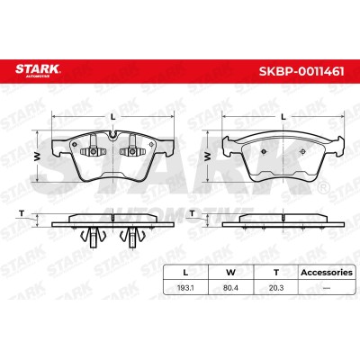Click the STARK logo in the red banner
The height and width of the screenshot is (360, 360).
(x=38, y=70)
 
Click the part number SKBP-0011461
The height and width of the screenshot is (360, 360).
(x=301, y=71)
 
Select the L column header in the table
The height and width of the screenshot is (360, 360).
(x=185, y=273)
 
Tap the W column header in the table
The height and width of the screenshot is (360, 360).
(x=230, y=273)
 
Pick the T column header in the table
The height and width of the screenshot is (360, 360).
(x=276, y=273)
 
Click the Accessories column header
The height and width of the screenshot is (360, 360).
(x=327, y=273)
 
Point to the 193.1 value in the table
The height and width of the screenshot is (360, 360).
(x=185, y=288)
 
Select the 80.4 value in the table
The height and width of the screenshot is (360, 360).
(x=230, y=288)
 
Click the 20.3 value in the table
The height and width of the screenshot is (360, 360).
(x=276, y=288)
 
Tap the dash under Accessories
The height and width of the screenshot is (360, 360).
(x=327, y=288)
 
